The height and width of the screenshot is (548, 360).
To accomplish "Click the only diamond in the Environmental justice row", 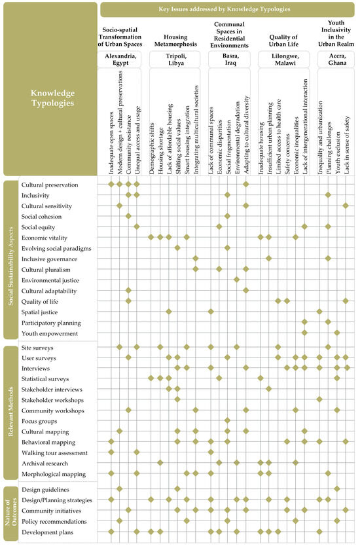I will [236, 280].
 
